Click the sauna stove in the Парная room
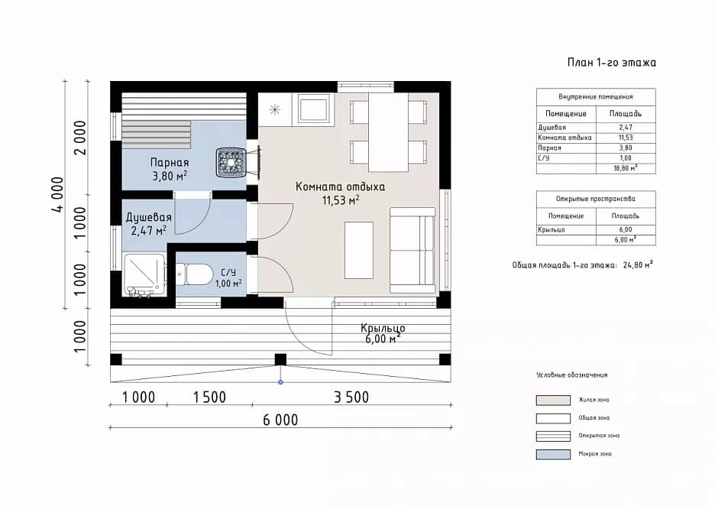[x=231, y=161]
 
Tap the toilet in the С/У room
[x=194, y=274]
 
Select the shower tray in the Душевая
[x=144, y=275]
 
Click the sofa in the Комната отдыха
[x=412, y=250]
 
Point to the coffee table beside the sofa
[x=359, y=250]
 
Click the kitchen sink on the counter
[x=314, y=109]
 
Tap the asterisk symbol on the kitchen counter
[x=274, y=109]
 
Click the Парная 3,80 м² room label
[x=170, y=169]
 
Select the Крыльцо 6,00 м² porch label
[x=383, y=333]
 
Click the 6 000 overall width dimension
[x=280, y=420]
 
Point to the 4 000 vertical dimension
[x=58, y=195]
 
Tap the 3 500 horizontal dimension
[x=351, y=397]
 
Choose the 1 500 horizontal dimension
[x=209, y=397]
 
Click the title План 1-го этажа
[x=611, y=63]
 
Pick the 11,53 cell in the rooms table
[x=626, y=138]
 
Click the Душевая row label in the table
[x=552, y=128]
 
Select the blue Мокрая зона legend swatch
[x=553, y=454]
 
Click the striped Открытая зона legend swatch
[x=553, y=436]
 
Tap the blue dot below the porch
[x=280, y=382]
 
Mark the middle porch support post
[x=280, y=359]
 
